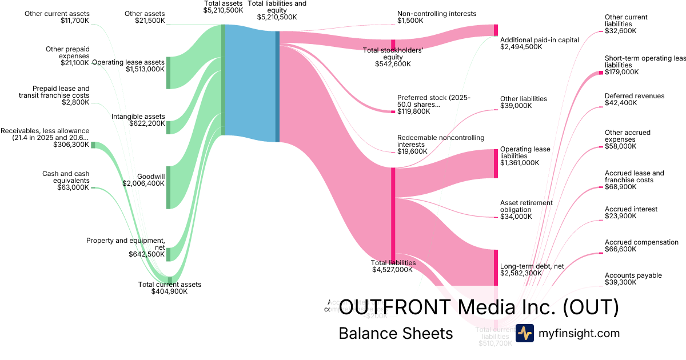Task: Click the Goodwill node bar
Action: click(x=168, y=187)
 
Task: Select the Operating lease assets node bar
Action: click(x=168, y=73)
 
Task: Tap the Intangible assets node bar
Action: click(x=168, y=127)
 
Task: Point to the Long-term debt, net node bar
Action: click(x=496, y=267)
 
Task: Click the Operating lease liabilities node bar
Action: click(x=496, y=163)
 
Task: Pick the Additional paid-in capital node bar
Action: click(x=496, y=30)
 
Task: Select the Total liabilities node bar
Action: click(x=393, y=214)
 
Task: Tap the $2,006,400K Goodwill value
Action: click(x=143, y=183)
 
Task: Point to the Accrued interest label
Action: click(x=631, y=209)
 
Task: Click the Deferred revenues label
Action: click(x=635, y=96)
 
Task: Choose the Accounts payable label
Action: click(x=633, y=275)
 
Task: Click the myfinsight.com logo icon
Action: click(x=524, y=333)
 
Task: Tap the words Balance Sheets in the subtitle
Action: click(x=396, y=333)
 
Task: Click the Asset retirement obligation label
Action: click(x=526, y=206)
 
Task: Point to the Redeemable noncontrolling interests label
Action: click(x=440, y=141)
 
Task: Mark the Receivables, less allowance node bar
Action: click(x=93, y=145)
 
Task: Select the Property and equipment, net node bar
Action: click(x=168, y=254)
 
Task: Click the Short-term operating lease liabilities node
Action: click(x=601, y=73)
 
